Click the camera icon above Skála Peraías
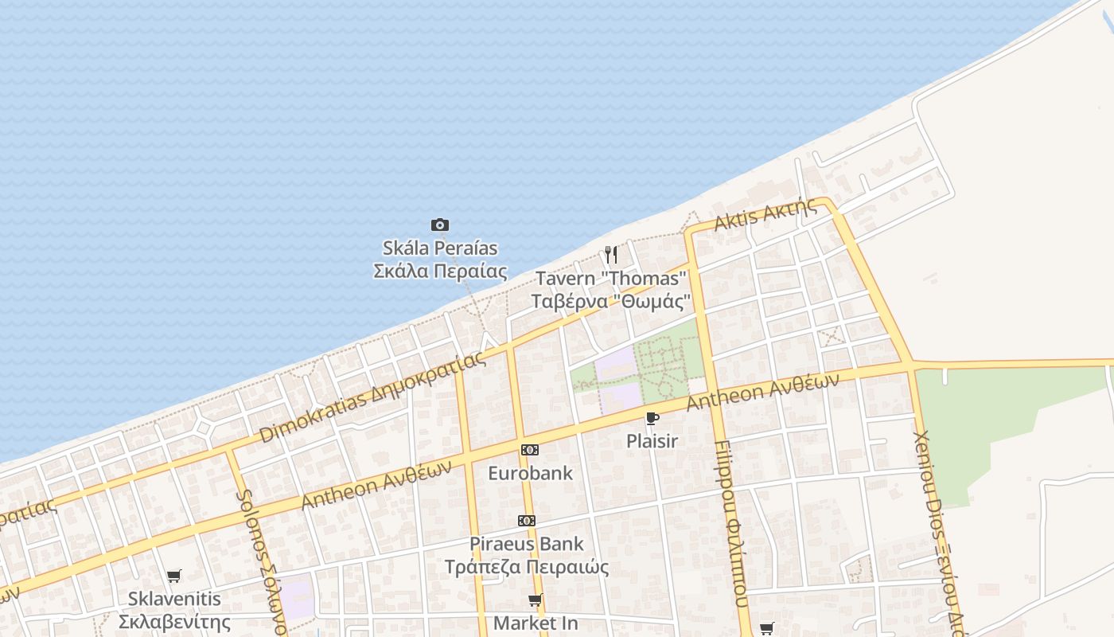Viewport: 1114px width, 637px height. [x=439, y=225]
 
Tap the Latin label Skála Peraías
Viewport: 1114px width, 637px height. [x=440, y=248]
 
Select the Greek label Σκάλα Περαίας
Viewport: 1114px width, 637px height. [x=440, y=271]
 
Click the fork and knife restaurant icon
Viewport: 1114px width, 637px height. [x=611, y=255]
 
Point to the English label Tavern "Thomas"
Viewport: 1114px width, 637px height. [x=610, y=279]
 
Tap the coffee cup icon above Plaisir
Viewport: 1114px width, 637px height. [x=652, y=418]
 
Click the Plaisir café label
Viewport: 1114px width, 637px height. [x=652, y=440]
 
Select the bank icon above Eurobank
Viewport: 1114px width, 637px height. [x=530, y=450]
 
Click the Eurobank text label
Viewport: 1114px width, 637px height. [x=530, y=473]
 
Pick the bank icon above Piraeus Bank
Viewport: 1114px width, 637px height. [x=527, y=521]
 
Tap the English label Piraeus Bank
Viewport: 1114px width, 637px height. [x=527, y=544]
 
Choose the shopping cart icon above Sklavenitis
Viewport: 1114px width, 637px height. [x=173, y=576]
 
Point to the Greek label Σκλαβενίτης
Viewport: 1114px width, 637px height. [x=175, y=622]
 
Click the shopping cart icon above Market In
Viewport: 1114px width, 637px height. [x=536, y=600]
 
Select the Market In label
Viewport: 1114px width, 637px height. [x=536, y=623]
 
